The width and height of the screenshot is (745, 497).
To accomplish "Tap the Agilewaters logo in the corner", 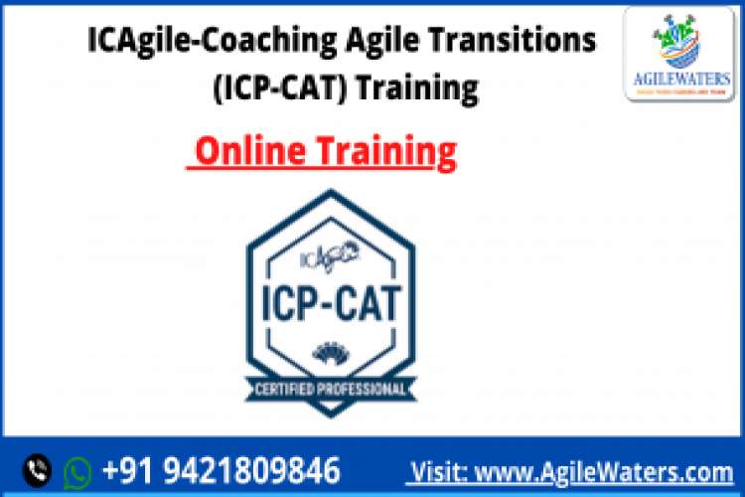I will tap(679, 54).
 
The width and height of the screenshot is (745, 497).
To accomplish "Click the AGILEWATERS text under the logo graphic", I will tap(679, 79).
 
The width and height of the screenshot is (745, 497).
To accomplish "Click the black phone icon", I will tap(39, 469).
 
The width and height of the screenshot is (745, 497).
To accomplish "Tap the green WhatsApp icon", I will tap(77, 470).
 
